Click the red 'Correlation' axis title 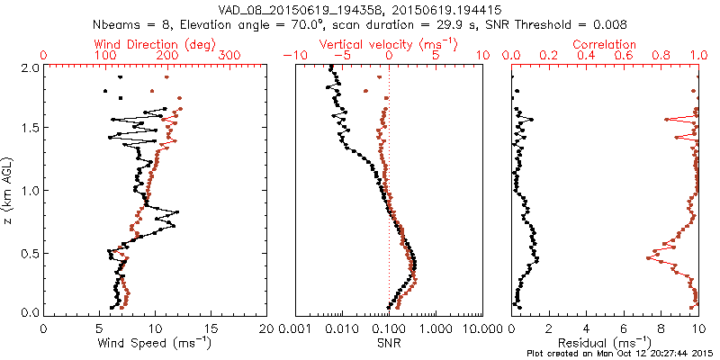605,44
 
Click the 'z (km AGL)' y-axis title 8,190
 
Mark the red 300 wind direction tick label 230,56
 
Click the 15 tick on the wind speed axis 210,327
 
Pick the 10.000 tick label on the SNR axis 481,327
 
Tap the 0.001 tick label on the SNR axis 297,327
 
